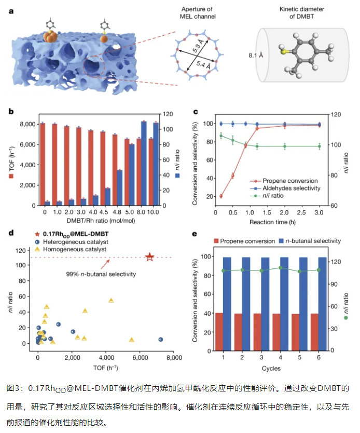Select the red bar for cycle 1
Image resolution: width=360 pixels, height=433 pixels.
click(219, 331)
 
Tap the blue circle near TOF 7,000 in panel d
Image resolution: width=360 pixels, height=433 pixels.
click(161, 340)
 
